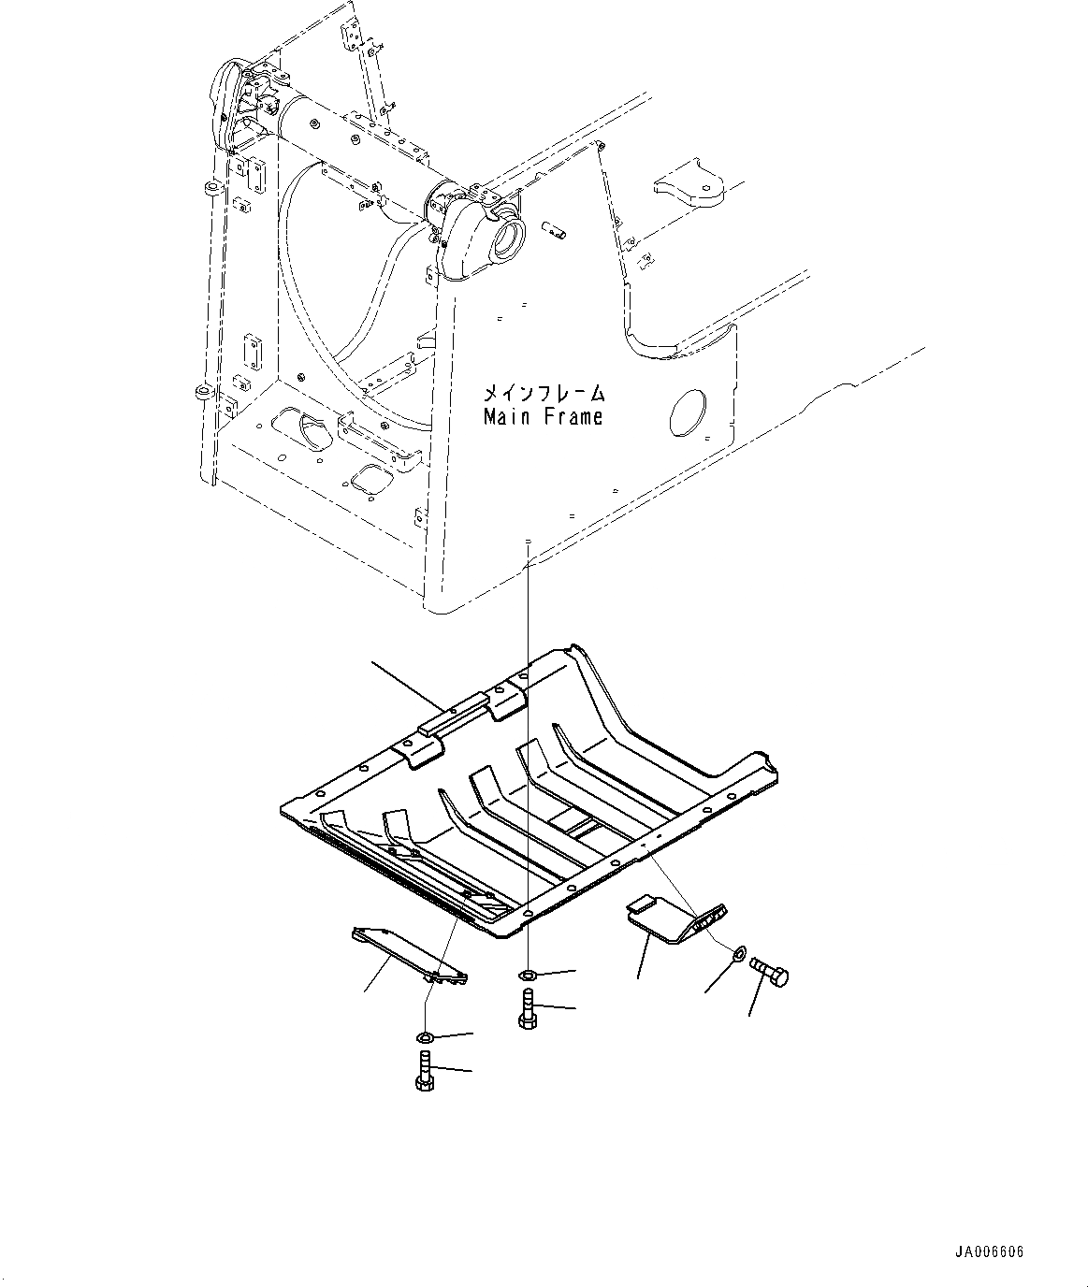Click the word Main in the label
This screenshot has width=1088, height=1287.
tap(507, 416)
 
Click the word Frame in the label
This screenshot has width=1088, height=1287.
tap(570, 416)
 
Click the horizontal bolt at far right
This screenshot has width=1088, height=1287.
tap(769, 972)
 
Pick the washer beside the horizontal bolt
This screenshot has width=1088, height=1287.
tap(737, 954)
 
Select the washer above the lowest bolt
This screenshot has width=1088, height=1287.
tap(424, 1036)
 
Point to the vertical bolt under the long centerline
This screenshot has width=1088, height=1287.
tap(526, 1009)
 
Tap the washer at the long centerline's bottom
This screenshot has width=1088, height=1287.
tap(528, 976)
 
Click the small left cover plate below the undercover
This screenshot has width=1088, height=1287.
tap(408, 954)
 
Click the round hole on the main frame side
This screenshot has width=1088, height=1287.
tap(690, 412)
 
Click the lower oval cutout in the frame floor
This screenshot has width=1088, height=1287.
tap(366, 477)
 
